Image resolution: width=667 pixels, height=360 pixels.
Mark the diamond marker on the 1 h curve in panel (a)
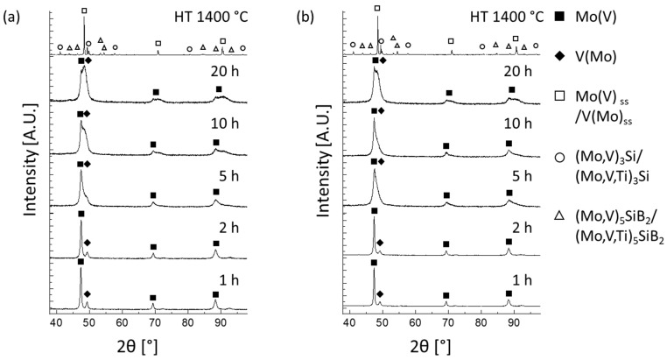pos(87,294)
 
